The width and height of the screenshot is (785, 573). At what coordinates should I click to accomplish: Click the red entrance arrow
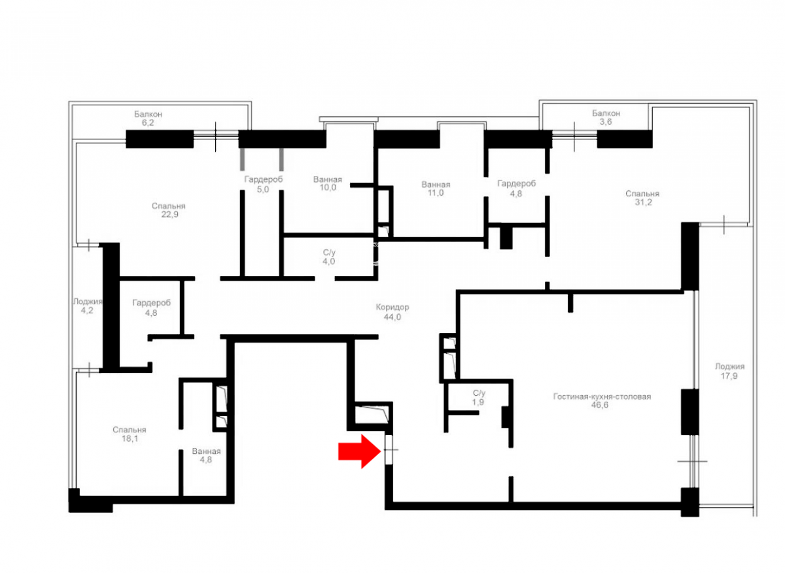[359, 451]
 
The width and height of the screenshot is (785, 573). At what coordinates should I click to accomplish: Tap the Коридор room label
[392, 307]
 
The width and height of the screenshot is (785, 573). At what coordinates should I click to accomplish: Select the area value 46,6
[600, 405]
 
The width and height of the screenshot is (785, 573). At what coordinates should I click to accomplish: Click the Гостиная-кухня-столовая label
[602, 396]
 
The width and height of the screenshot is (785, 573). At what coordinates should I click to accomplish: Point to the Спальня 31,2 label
[642, 198]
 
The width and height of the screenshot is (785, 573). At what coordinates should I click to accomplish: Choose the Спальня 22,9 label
[169, 210]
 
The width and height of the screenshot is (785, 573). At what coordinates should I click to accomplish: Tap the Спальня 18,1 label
[130, 434]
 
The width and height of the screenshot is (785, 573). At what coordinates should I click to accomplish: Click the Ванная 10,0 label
[328, 183]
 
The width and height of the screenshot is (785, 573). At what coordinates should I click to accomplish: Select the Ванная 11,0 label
[436, 188]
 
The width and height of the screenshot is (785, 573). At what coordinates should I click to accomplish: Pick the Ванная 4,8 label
[206, 455]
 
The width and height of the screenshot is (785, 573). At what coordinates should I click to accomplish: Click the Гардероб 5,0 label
[263, 184]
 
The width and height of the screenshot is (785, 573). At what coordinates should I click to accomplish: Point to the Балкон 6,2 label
[148, 118]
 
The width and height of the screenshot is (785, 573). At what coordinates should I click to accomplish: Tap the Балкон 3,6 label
[606, 117]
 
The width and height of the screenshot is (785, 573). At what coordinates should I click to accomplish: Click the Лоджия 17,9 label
[729, 371]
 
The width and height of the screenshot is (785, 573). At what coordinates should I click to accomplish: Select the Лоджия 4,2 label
[87, 305]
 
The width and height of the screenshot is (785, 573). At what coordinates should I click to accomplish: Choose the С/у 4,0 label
[328, 257]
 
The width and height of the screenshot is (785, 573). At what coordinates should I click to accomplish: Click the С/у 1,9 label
[478, 398]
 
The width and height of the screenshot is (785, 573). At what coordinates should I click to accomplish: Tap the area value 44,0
[392, 317]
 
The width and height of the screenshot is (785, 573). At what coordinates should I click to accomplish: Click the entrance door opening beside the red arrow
[389, 449]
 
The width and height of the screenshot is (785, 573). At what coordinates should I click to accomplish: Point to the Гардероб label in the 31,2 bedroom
[517, 183]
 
